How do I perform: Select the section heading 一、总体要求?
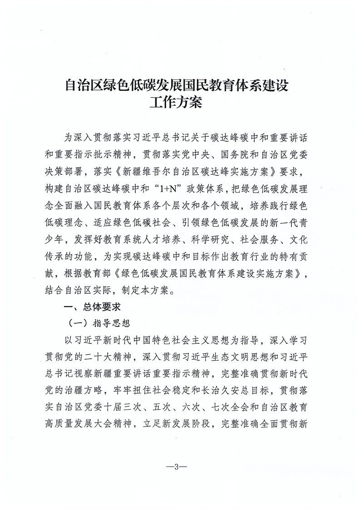(92, 306)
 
